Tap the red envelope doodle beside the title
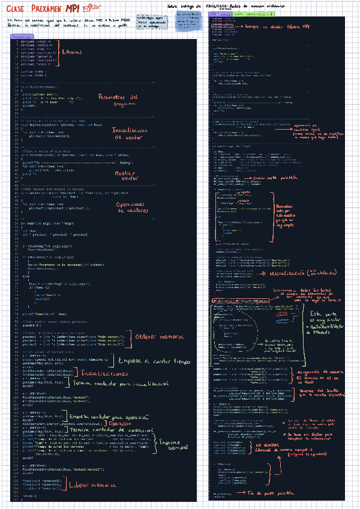(x=92, y=6)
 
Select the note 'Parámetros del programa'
(x=118, y=100)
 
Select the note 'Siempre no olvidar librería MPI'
(x=277, y=28)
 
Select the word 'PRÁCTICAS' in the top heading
(x=229, y=5)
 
